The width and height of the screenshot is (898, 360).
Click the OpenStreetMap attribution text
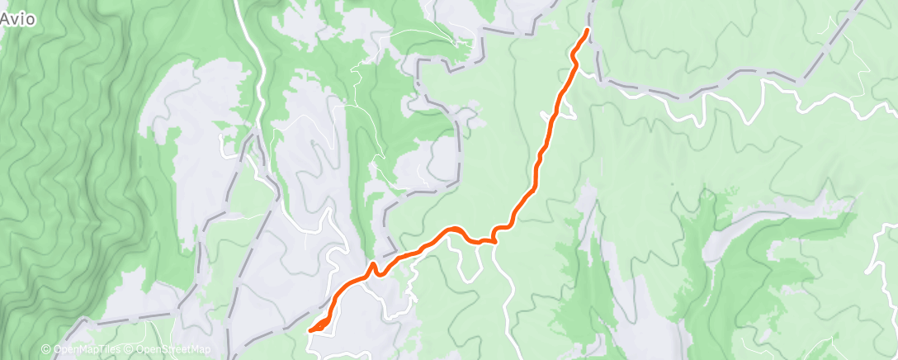(x=173, y=349)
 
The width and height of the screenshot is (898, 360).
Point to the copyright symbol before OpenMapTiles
(x=47, y=349)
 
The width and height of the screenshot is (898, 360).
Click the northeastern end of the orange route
(x=587, y=30)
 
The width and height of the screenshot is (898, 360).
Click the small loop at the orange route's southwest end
(x=319, y=327)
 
